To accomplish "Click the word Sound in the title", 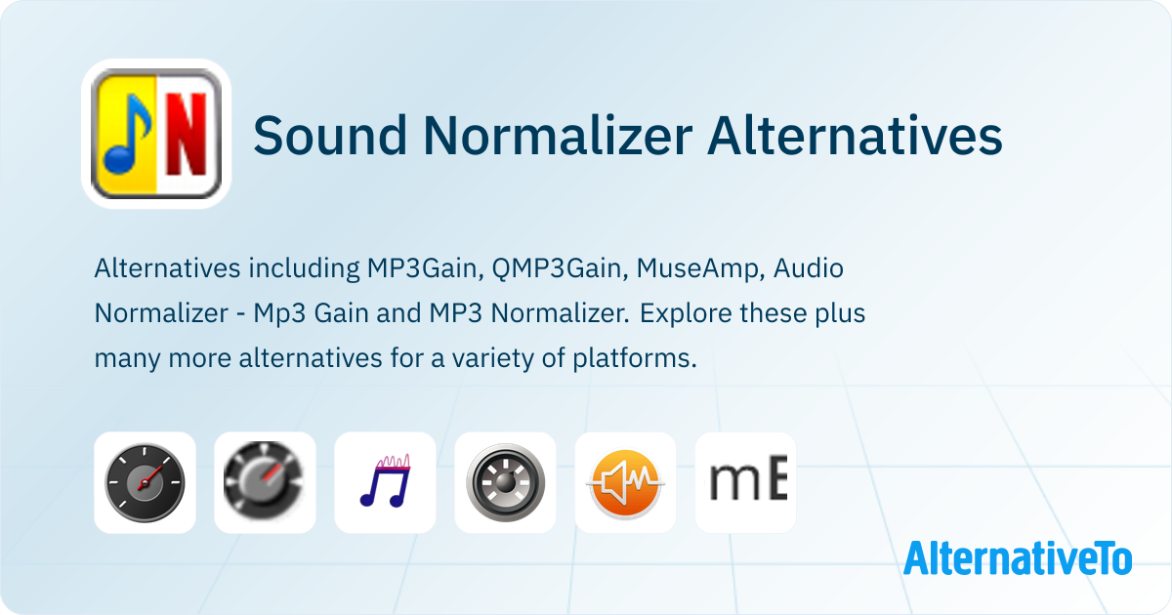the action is [x=330, y=136].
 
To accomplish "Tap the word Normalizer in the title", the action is [x=558, y=136].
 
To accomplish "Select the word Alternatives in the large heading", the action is [x=855, y=136].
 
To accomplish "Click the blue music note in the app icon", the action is [x=128, y=134].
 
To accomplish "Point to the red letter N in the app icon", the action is [x=187, y=134].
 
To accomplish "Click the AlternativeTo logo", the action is [x=1018, y=558].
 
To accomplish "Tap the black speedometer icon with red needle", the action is [x=145, y=482].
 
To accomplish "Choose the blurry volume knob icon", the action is [x=265, y=481].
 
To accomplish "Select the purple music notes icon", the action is [x=386, y=481].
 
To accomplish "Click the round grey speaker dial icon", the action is [x=506, y=482].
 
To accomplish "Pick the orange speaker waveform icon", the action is [x=625, y=484].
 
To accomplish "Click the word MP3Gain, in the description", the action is [x=426, y=268].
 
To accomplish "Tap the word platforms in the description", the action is [x=635, y=359].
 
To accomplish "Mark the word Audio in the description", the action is [x=809, y=268].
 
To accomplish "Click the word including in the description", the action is [x=304, y=268].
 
